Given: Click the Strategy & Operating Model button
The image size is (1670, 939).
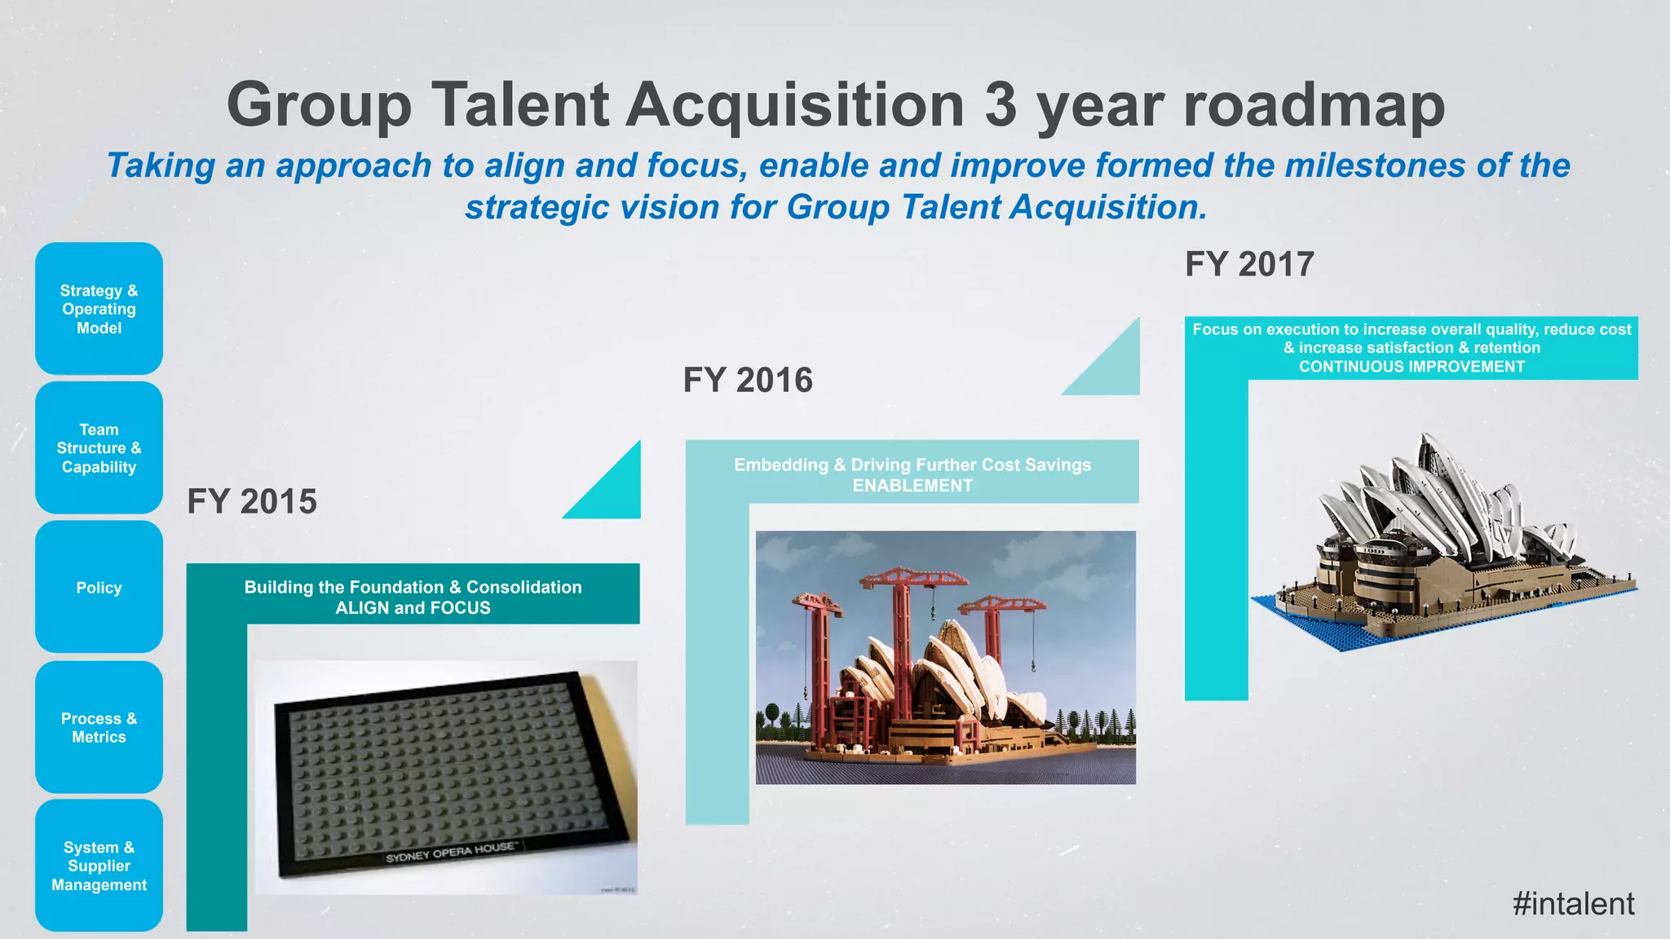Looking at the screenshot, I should tap(99, 309).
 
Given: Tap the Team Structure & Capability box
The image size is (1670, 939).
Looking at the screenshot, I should tap(99, 448).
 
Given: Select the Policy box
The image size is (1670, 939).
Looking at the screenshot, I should tap(99, 588).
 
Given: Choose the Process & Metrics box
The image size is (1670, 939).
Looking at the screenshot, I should tap(99, 727).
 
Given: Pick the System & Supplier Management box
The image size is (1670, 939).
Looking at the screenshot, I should tap(99, 866).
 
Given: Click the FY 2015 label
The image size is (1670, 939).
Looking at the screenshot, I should tap(252, 501).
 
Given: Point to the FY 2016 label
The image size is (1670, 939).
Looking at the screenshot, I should tap(748, 381).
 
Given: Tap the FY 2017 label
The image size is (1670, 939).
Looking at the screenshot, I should tap(1249, 265).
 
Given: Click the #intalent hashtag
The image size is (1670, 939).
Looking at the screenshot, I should tap(1573, 904).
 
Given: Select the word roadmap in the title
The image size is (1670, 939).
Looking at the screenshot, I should tap(1314, 106).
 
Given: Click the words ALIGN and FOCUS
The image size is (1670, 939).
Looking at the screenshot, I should tap(413, 608).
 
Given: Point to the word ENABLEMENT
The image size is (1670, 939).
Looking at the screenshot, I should tap(912, 486).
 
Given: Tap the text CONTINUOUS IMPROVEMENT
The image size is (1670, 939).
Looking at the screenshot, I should tap(1412, 367).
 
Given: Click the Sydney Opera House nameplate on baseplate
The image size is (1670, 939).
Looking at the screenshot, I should tap(450, 853).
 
